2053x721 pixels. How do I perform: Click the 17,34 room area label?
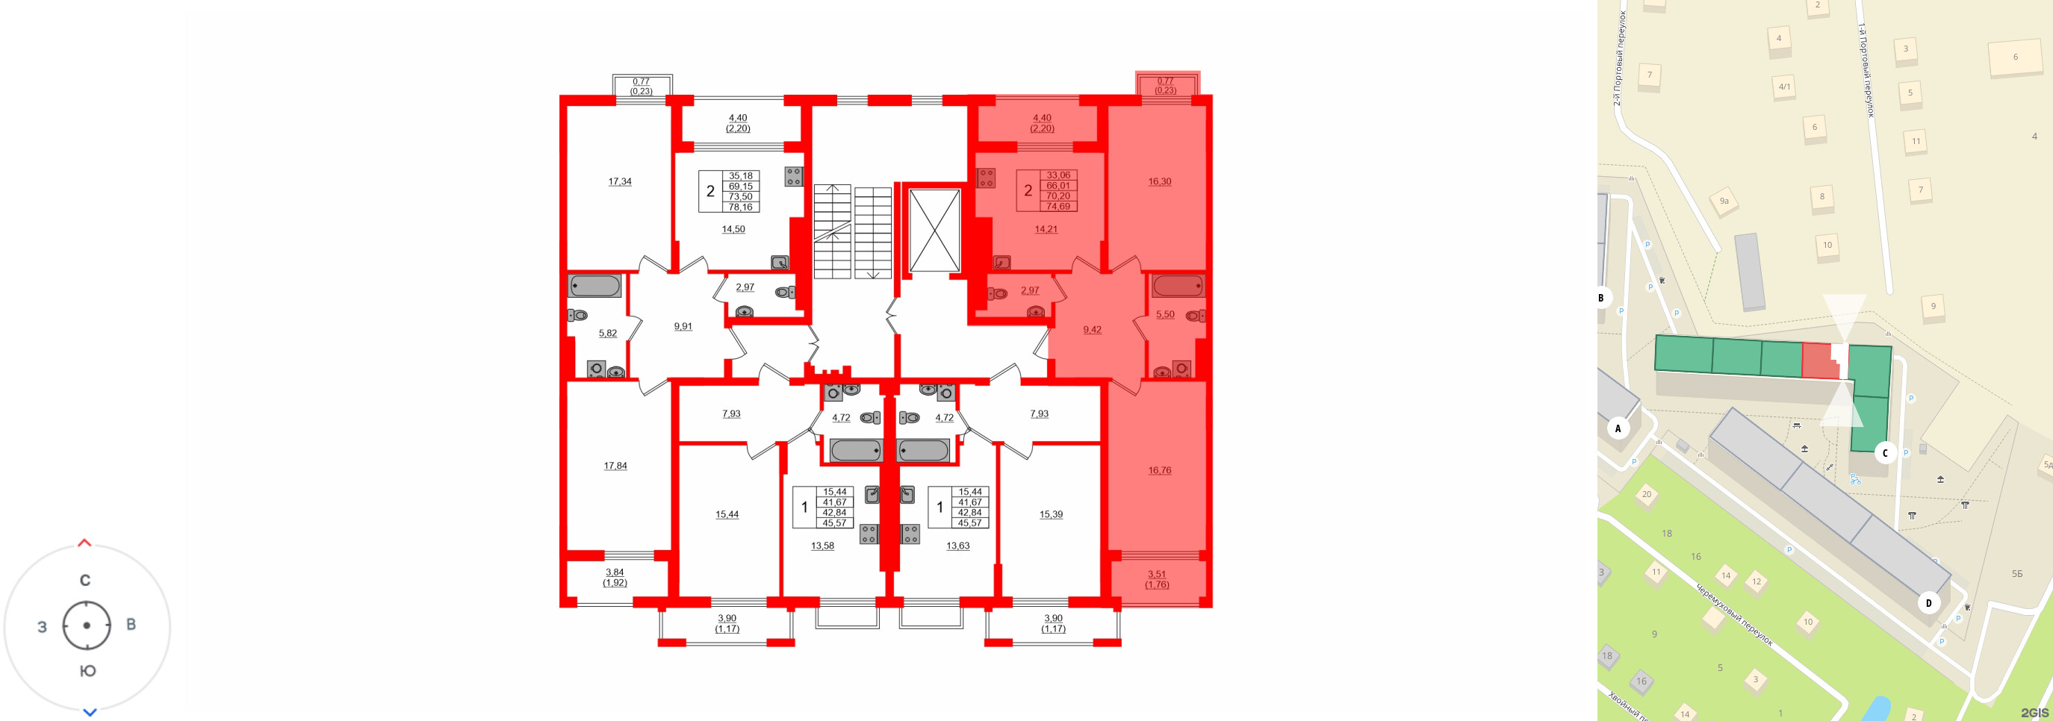(619, 181)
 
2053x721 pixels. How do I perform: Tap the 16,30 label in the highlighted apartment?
(1159, 181)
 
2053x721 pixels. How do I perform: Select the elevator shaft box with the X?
(934, 230)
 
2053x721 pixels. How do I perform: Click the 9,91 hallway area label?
(683, 327)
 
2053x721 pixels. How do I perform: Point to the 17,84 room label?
(615, 466)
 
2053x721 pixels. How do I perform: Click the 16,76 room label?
(1159, 471)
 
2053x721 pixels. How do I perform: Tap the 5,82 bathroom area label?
(607, 334)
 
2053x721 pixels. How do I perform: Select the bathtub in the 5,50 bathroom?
(1177, 286)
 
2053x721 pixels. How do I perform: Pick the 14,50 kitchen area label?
(733, 229)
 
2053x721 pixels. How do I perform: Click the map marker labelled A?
(1618, 428)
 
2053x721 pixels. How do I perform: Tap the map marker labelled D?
(1929, 603)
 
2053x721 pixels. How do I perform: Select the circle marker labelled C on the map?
(1885, 453)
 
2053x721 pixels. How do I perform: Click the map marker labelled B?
(1601, 298)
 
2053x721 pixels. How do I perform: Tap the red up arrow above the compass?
(84, 543)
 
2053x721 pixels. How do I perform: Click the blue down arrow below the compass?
(90, 712)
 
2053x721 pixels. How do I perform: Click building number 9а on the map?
(1724, 202)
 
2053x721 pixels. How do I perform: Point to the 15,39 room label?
(1051, 515)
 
